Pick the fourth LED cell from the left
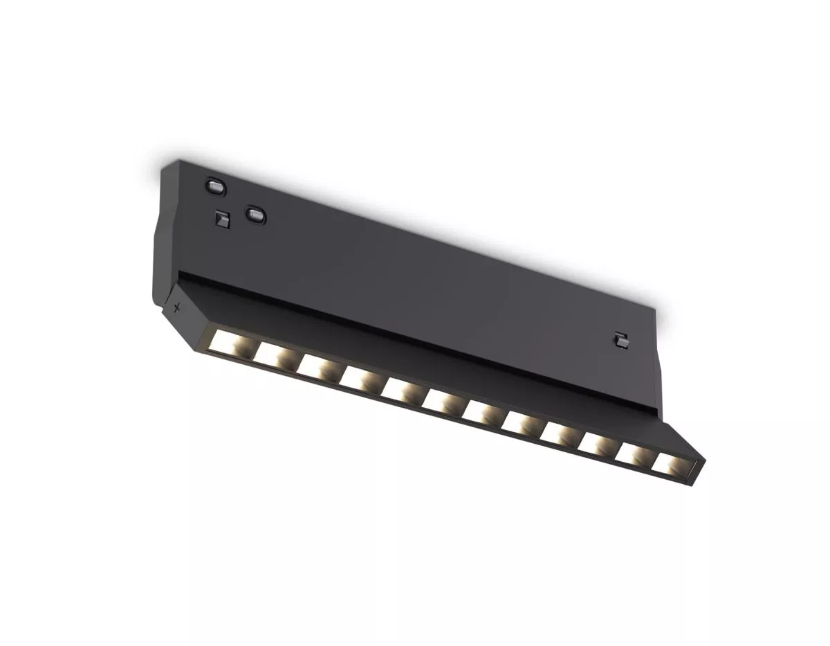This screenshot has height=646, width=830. point(358,378)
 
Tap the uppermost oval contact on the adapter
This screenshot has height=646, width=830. point(214,186)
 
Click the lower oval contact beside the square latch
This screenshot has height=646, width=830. point(255,214)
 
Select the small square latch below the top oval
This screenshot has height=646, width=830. point(221,219)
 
